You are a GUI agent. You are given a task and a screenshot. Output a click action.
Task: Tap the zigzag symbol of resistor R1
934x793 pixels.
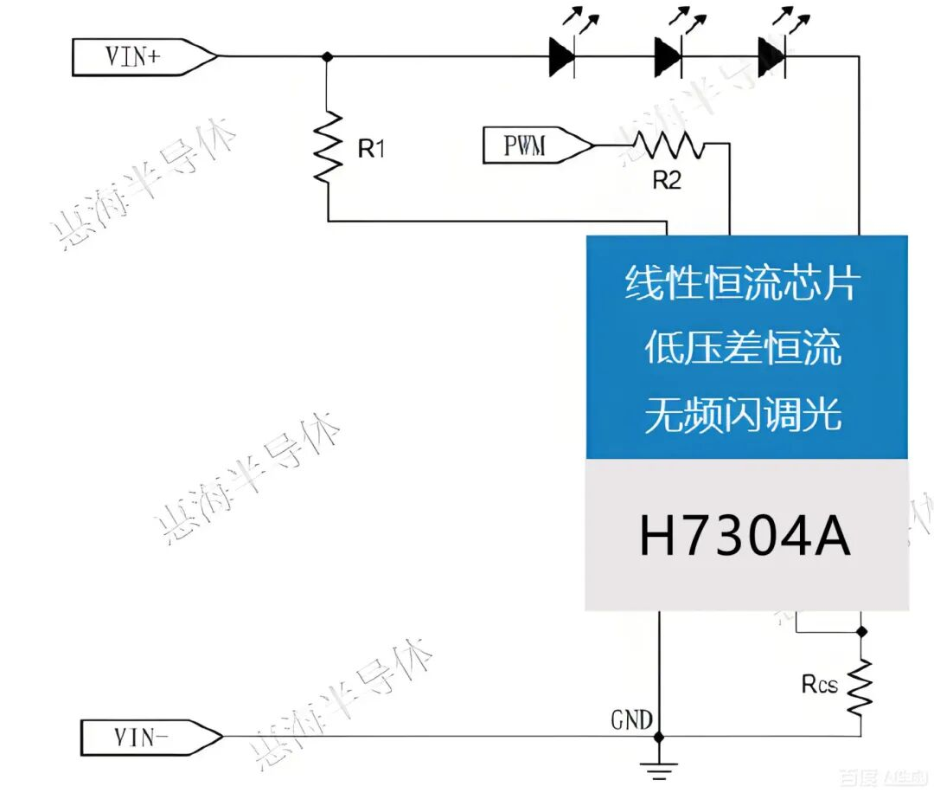[328, 147]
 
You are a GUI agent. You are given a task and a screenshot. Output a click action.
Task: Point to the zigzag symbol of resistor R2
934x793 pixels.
[669, 145]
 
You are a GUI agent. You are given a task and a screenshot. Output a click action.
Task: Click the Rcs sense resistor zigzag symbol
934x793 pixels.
[860, 686]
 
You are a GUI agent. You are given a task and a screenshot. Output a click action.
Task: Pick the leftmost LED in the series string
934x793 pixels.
[562, 57]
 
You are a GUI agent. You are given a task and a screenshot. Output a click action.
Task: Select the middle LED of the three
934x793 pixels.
[668, 57]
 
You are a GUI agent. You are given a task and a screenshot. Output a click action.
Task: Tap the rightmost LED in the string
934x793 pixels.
[771, 57]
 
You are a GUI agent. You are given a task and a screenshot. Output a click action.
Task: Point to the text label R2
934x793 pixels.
[666, 181]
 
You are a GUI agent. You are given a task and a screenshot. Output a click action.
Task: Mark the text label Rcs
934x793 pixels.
[819, 685]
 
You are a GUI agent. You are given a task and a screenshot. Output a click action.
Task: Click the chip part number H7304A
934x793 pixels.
[745, 537]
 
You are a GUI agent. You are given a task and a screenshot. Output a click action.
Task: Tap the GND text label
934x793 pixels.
[632, 719]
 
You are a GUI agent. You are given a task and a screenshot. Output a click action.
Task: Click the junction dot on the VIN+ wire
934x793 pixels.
[327, 57]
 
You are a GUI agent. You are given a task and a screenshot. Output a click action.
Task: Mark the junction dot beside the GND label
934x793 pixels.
[658, 737]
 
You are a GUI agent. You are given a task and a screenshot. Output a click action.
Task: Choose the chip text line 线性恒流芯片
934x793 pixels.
[742, 283]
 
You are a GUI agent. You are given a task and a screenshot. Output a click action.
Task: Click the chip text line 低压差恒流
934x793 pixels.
[742, 349]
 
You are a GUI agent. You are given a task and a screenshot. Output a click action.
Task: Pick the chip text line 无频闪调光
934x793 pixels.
[742, 416]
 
